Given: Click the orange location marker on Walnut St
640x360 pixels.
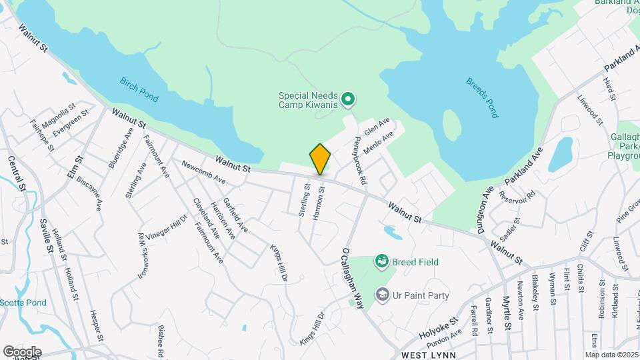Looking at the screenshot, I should pyautogui.click(x=320, y=159).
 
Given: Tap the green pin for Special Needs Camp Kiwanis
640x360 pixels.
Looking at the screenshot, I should pyautogui.click(x=347, y=100).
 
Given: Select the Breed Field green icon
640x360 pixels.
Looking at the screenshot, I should pyautogui.click(x=382, y=261).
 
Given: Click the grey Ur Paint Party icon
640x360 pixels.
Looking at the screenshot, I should pyautogui.click(x=382, y=294).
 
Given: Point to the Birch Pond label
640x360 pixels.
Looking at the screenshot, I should pyautogui.click(x=139, y=90).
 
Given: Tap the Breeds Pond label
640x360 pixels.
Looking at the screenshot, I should pyautogui.click(x=481, y=98).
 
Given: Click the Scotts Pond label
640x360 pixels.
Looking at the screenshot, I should pyautogui.click(x=23, y=303).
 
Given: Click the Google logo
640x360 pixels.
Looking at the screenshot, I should pyautogui.click(x=22, y=352).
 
